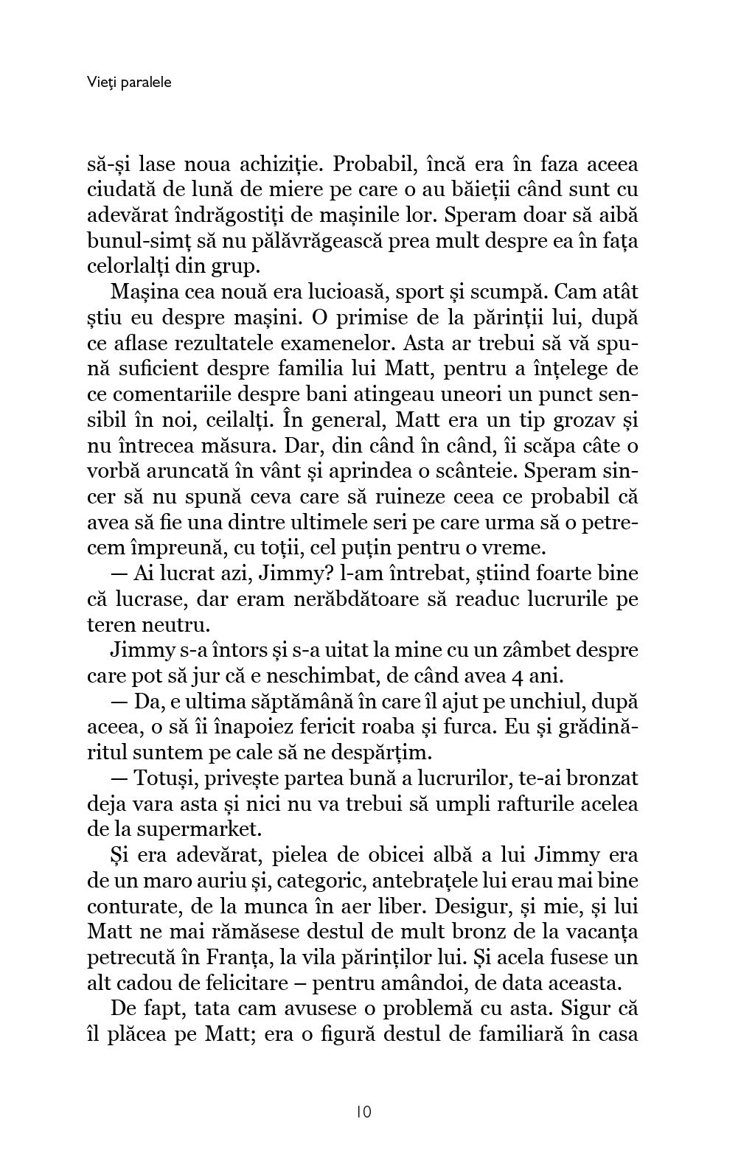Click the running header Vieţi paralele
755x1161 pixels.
coord(128,82)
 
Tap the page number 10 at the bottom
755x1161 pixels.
coord(363,1111)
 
